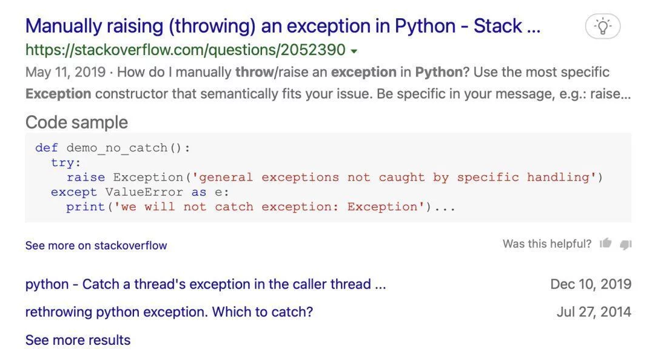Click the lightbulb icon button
(603, 26)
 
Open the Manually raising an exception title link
(283, 26)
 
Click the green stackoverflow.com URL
(186, 50)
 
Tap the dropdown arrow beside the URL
(354, 51)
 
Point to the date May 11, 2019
(65, 72)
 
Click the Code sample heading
(76, 122)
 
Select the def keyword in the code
(47, 148)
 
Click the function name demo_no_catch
(117, 148)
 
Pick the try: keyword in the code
(66, 163)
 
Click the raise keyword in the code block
(86, 178)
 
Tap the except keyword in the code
(74, 192)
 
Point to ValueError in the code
(144, 192)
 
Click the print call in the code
(86, 207)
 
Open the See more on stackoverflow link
(96, 245)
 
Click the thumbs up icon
(606, 243)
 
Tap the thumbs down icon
(626, 244)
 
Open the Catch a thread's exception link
(206, 284)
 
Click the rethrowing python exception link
(169, 312)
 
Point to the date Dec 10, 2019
(591, 284)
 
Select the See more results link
(78, 340)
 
